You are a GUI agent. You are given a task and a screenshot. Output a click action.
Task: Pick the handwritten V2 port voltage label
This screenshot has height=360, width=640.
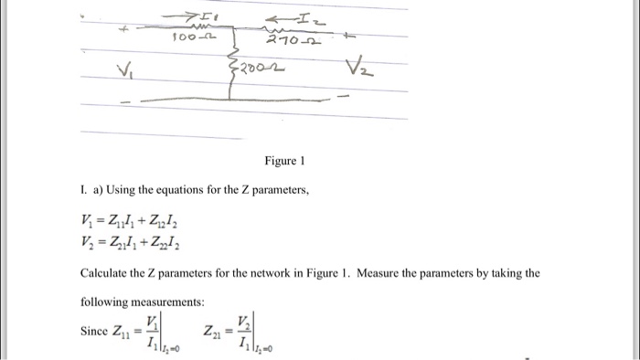(359, 70)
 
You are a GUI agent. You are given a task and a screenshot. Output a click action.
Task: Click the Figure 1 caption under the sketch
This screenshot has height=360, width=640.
(283, 162)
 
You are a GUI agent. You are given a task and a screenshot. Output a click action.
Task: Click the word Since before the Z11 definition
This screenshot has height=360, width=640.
(96, 332)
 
